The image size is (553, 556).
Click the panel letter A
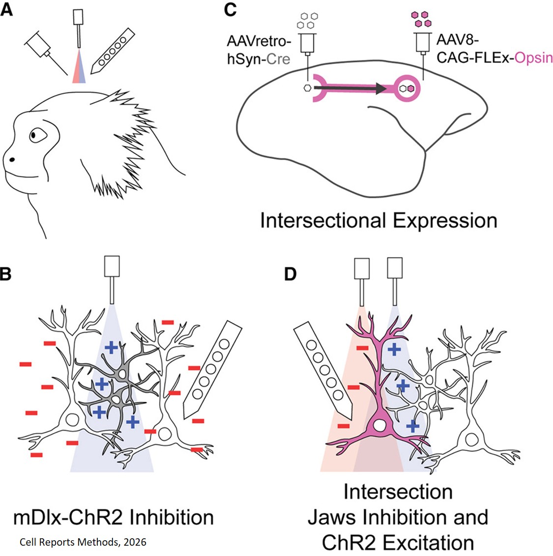7,9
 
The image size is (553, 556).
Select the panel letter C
231,9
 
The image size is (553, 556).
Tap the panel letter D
291,274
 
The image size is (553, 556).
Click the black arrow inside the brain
349,88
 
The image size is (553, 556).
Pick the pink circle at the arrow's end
409,88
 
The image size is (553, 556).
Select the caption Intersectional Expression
378,220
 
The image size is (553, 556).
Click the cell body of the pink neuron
379,424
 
